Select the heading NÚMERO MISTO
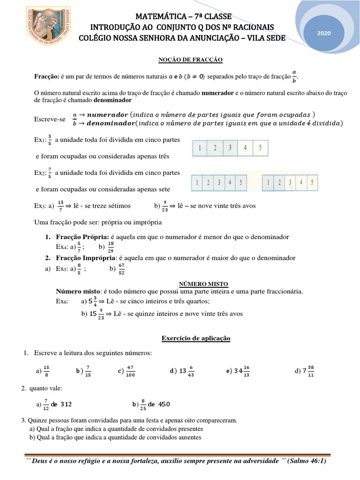coord(204,284)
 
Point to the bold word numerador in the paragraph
coord(217,93)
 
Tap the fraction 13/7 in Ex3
coord(60,205)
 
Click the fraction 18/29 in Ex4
coord(111,247)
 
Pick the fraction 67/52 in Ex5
coord(121,269)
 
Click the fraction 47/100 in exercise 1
coord(131,371)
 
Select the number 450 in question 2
coord(165,404)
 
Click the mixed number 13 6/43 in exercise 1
coord(186,371)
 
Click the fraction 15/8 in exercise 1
coord(46,371)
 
